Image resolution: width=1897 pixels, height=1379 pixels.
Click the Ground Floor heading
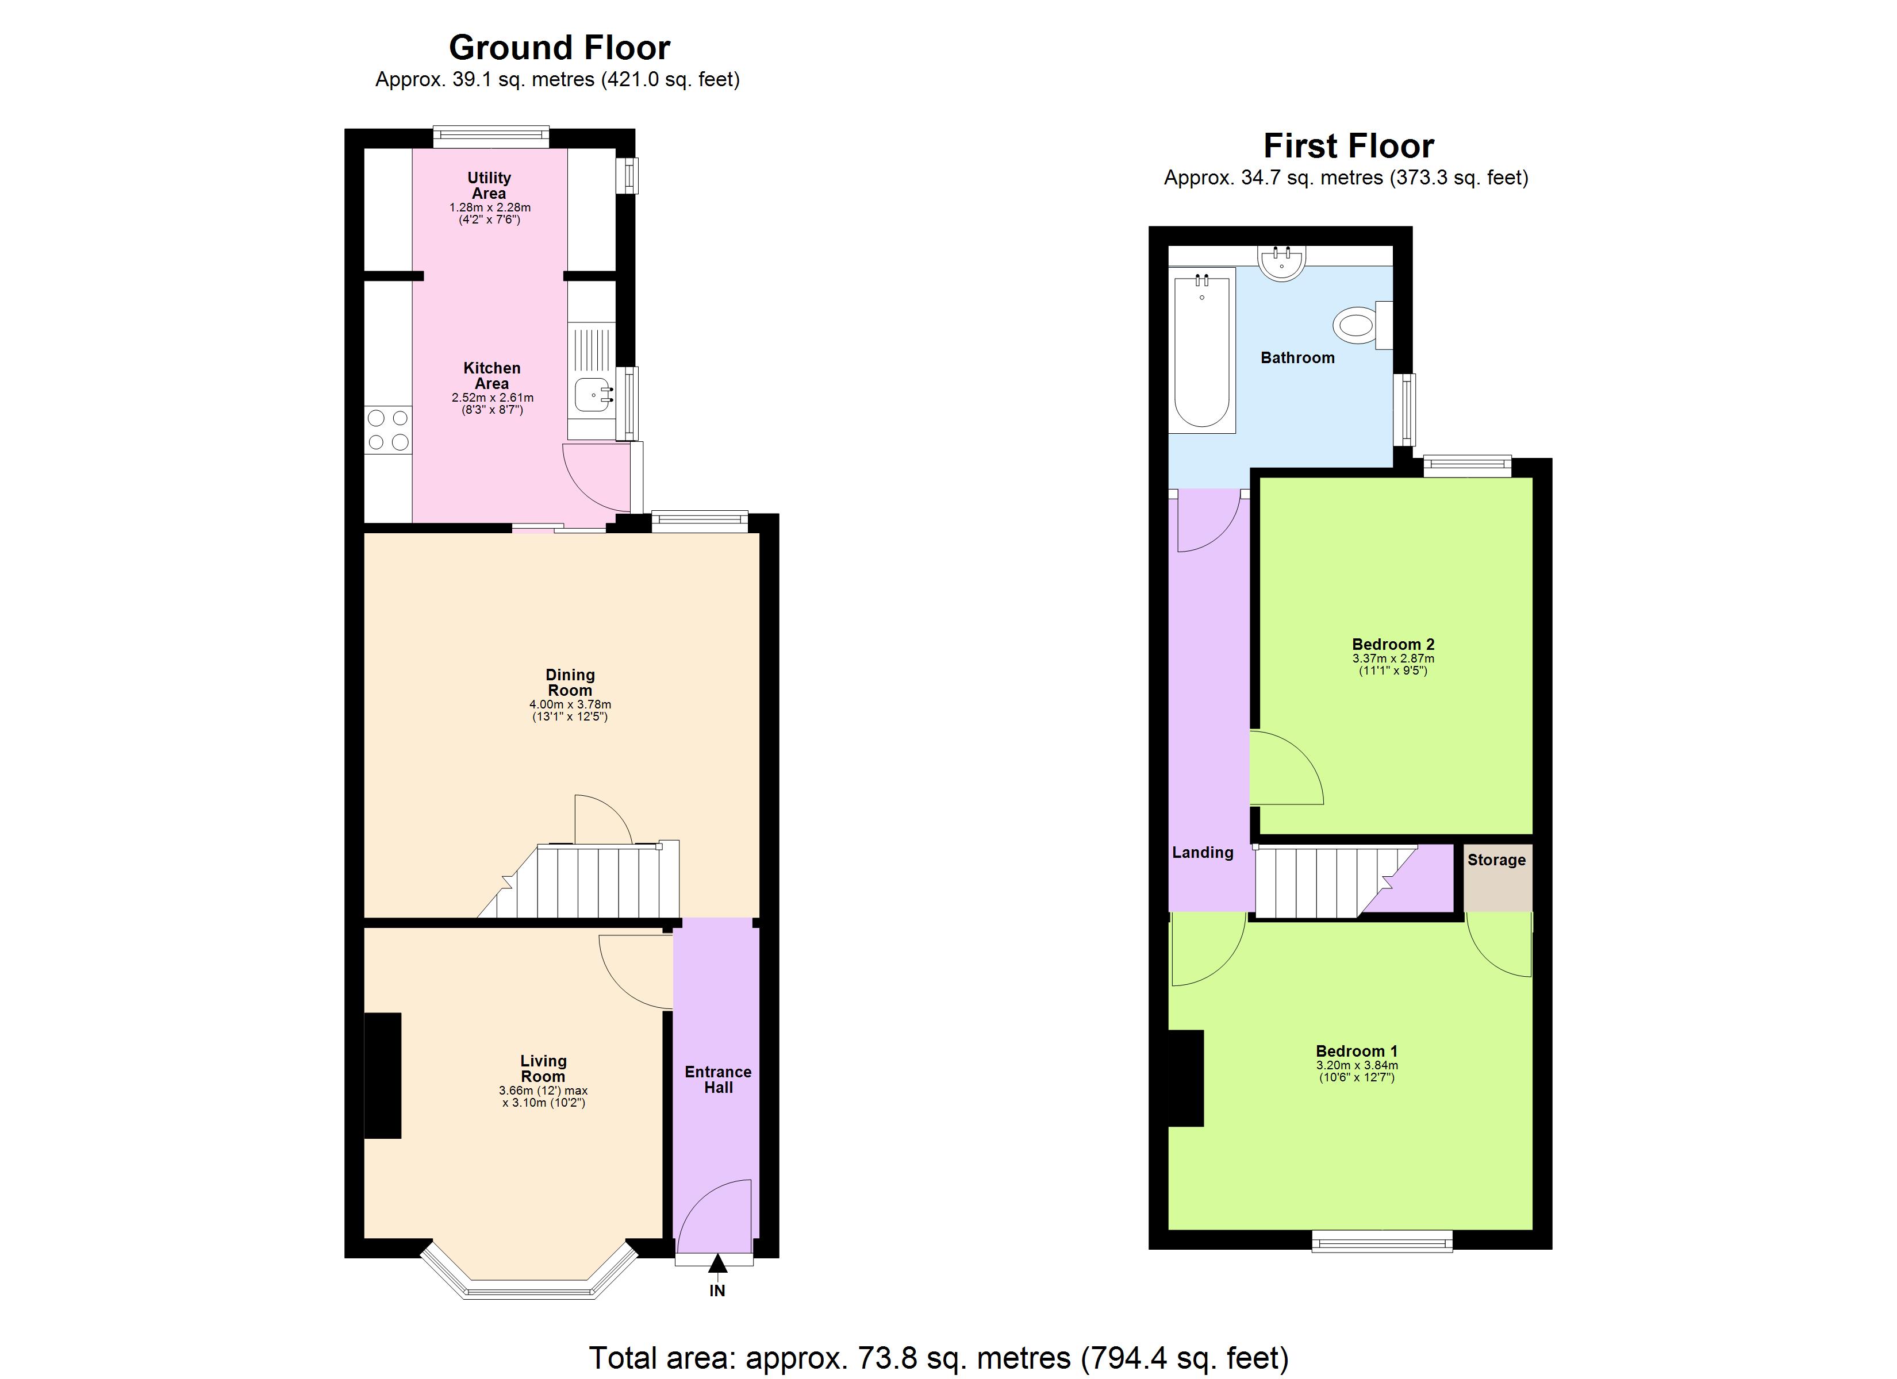click(559, 48)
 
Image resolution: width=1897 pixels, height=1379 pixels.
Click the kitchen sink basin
click(593, 395)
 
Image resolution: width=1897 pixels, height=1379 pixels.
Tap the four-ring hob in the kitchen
click(388, 430)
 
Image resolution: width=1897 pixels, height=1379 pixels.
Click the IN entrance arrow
click(717, 1265)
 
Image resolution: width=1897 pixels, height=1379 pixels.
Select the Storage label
click(1496, 860)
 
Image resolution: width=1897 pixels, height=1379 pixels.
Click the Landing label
click(1202, 852)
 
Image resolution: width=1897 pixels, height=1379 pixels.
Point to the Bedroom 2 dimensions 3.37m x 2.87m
click(1393, 658)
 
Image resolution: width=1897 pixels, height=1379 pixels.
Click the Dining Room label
click(570, 683)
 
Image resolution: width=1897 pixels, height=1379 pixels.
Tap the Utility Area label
click(489, 185)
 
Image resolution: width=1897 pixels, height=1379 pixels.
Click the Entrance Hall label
click(717, 1080)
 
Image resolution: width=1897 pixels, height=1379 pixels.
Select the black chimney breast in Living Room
click(382, 1076)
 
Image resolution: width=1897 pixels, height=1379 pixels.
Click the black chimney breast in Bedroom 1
click(1185, 1077)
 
